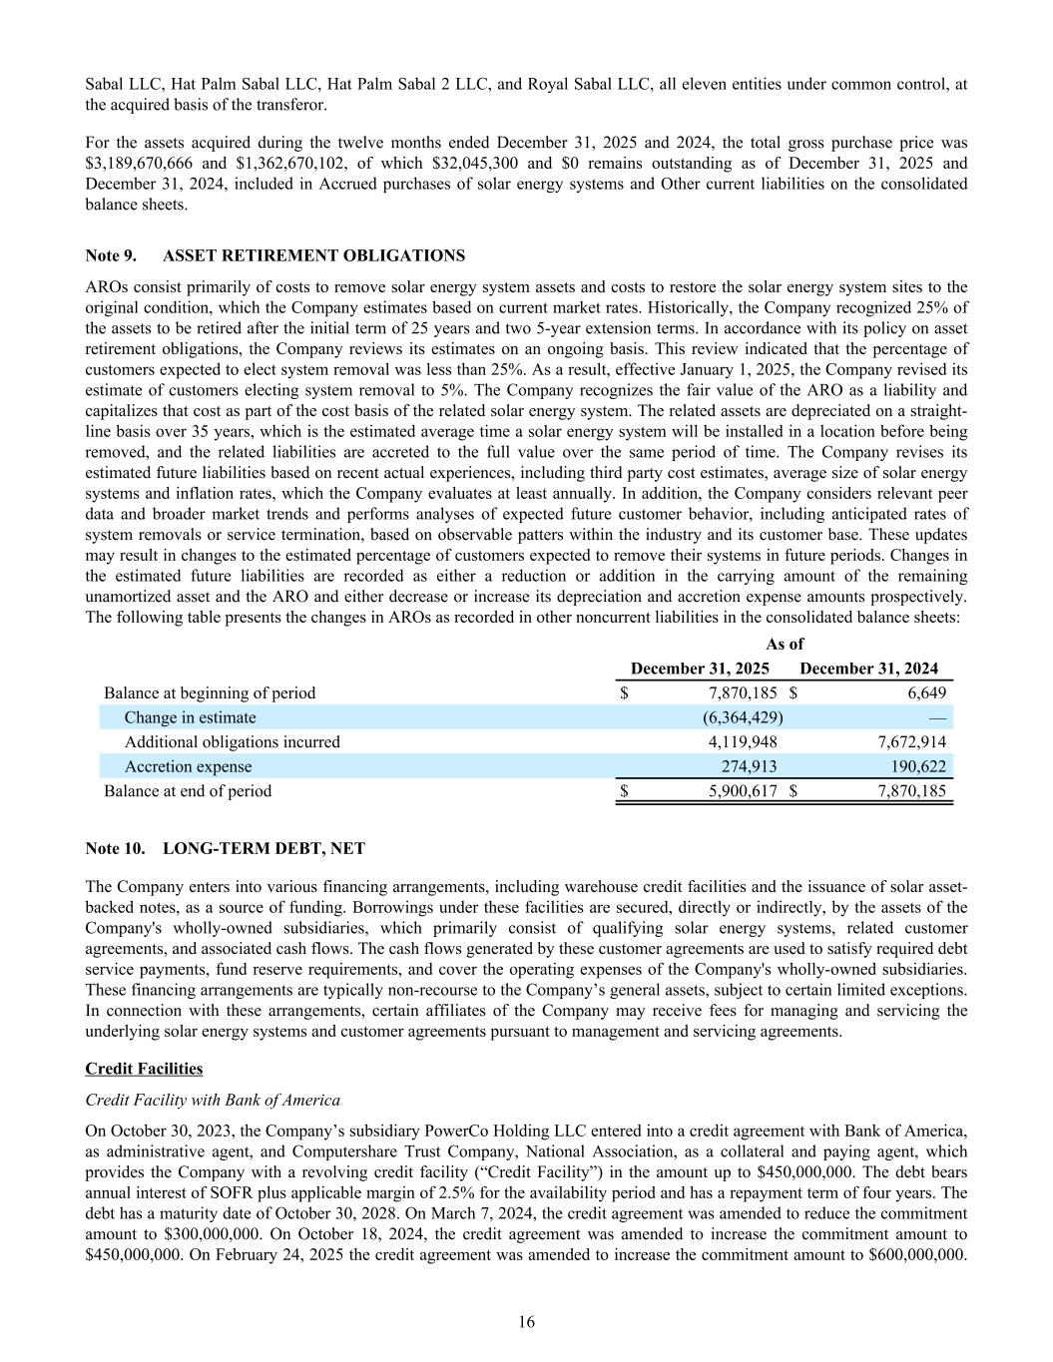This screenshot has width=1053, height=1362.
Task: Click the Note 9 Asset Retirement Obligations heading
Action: click(274, 256)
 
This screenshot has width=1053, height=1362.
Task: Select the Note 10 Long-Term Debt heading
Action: click(225, 849)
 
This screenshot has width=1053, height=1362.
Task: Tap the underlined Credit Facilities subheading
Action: click(144, 1069)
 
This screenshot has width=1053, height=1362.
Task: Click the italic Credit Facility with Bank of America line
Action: click(213, 1101)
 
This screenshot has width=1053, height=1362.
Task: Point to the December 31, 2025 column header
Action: click(700, 669)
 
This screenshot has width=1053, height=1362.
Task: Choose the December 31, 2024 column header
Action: click(868, 669)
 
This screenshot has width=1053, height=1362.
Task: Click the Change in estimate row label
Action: click(190, 717)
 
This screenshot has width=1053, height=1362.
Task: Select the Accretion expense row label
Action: click(188, 766)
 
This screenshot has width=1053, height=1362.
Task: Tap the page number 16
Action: click(526, 1323)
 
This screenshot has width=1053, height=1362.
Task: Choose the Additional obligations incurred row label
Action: click(232, 742)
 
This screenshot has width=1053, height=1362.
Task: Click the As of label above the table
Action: click(784, 645)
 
